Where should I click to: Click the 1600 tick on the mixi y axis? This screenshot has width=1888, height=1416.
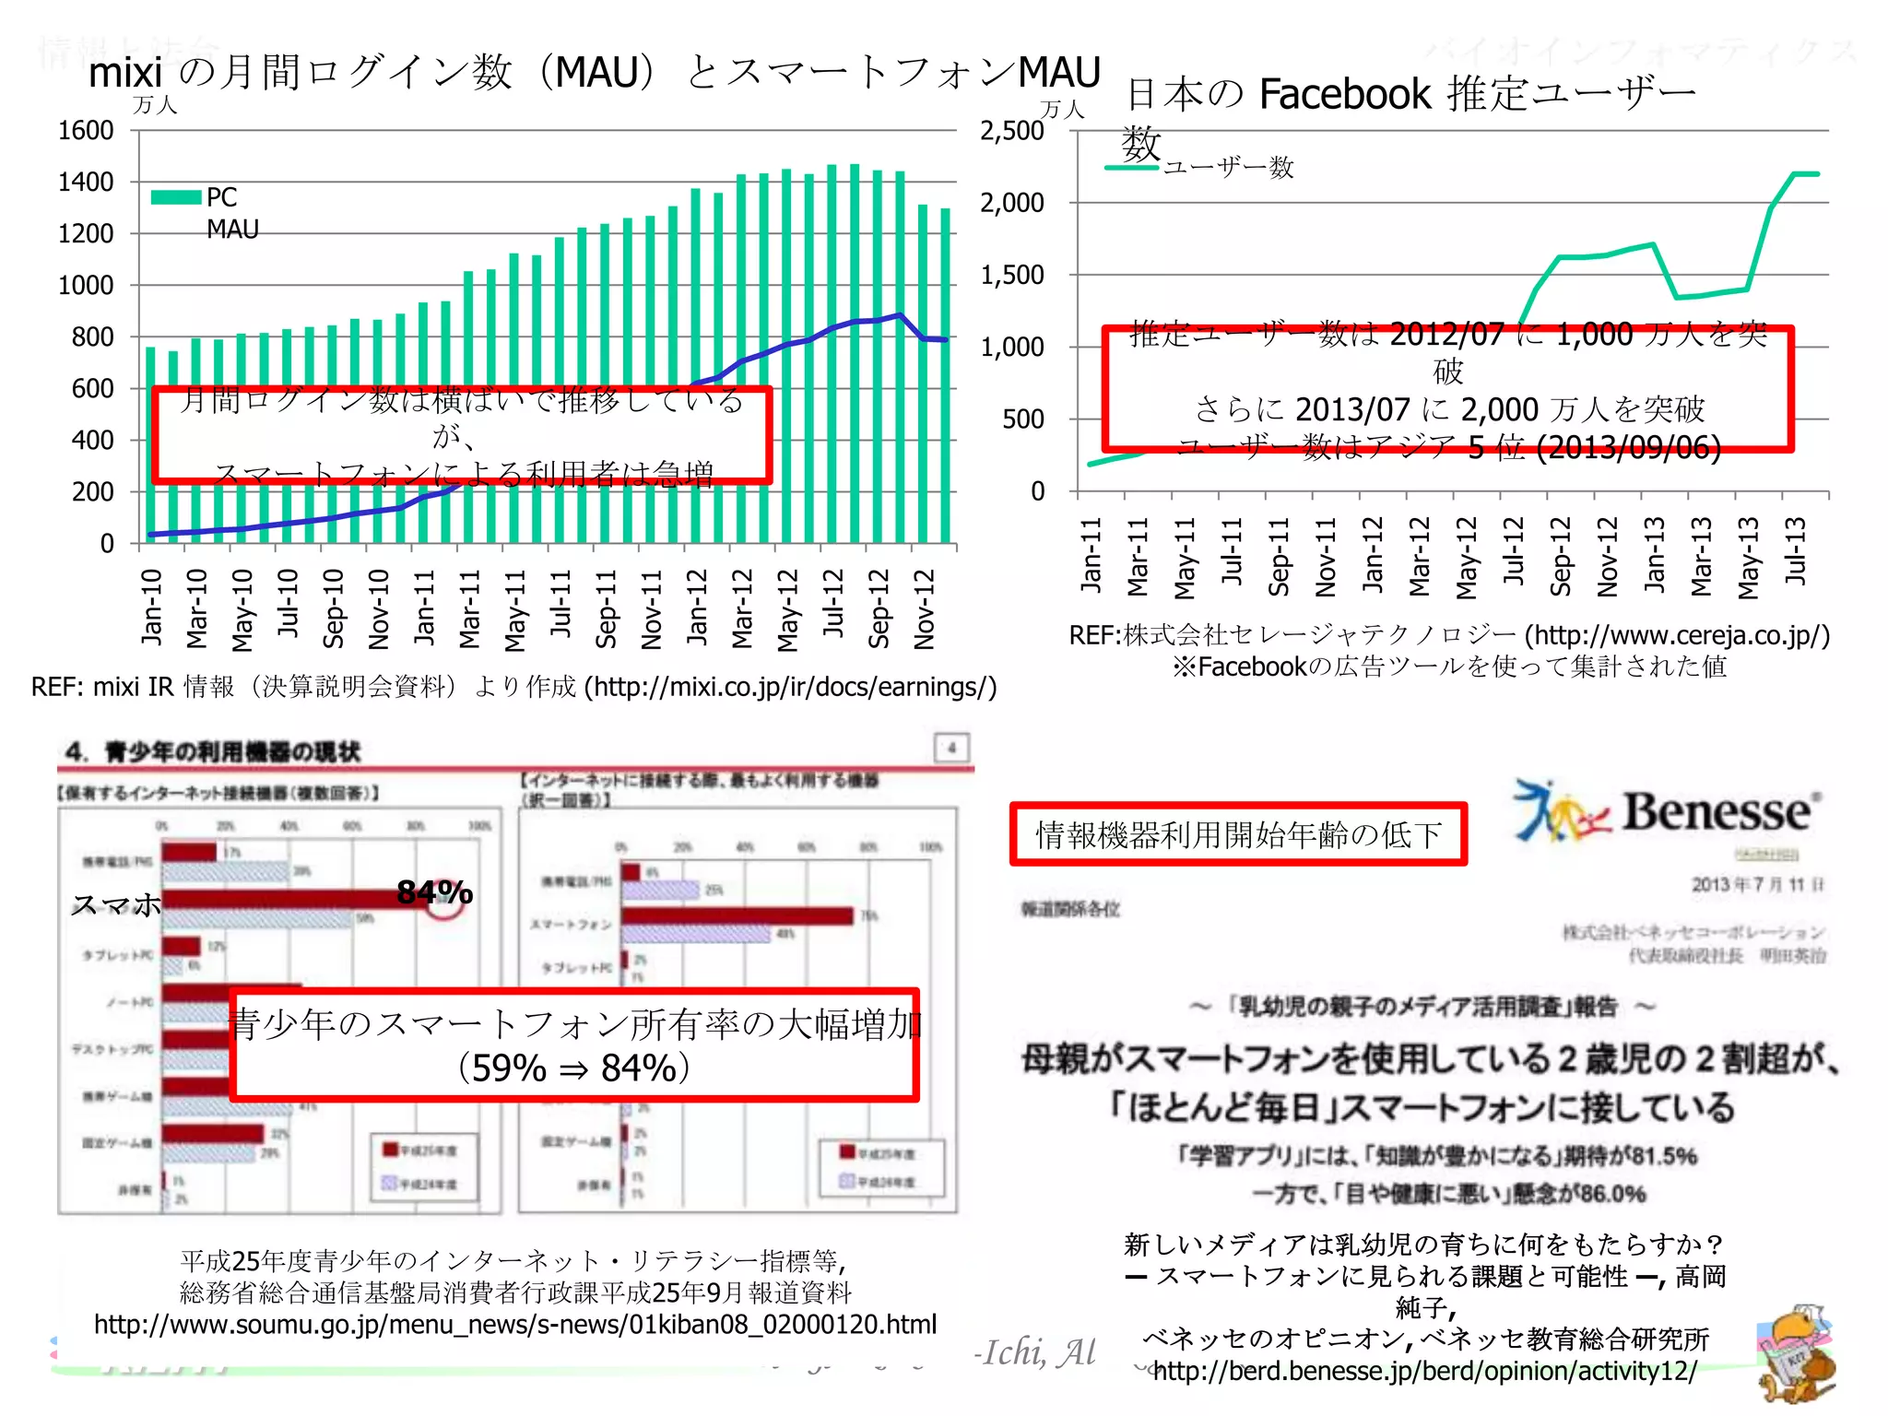[x=86, y=131]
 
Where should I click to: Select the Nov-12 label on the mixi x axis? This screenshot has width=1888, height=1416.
[x=925, y=608]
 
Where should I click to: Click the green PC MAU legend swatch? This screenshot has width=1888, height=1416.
[x=176, y=197]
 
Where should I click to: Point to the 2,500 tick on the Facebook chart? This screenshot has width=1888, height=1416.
[x=1011, y=131]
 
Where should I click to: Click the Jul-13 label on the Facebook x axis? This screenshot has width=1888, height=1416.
[x=1795, y=551]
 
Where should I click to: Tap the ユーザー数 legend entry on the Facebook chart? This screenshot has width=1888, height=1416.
[x=1228, y=168]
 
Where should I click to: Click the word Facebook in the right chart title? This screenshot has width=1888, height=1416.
[x=1344, y=94]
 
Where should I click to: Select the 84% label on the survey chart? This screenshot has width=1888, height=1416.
[x=434, y=891]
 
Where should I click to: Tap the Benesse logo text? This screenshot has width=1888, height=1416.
[x=1717, y=812]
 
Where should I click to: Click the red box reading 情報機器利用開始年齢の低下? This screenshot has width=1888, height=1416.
[x=1238, y=834]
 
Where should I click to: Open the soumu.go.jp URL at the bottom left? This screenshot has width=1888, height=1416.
[x=515, y=1325]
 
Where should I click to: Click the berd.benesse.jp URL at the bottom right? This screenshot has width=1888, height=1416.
[x=1424, y=1371]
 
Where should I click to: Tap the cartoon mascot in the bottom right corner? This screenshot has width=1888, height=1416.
[x=1795, y=1352]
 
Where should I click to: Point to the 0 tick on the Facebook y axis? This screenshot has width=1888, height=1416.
[x=1037, y=491]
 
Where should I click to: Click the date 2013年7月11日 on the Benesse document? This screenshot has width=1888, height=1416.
[x=1756, y=884]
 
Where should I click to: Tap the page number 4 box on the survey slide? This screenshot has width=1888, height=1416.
[x=951, y=748]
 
